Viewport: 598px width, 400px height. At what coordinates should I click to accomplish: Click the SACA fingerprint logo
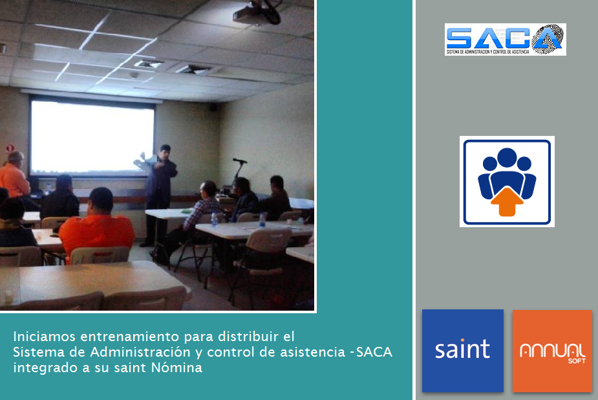coord(506,39)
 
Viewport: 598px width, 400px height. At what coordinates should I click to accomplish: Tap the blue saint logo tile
coord(463,350)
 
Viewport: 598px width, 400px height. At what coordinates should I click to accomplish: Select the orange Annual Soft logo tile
coord(552,351)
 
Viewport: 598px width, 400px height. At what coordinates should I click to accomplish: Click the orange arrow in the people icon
coord(507,201)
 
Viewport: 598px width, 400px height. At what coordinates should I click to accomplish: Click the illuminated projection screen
coord(92,137)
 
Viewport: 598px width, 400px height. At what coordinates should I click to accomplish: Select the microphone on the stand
coord(240,161)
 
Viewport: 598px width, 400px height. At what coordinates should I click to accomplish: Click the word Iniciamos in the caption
coord(45,337)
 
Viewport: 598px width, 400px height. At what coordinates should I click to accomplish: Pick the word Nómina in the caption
coord(176,367)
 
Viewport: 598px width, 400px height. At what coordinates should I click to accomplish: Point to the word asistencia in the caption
coord(312,352)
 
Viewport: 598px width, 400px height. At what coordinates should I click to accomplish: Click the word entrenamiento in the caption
coord(130,337)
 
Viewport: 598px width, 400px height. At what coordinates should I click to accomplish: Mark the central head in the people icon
coord(507,158)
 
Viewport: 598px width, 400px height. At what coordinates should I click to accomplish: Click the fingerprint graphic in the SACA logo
coord(548,39)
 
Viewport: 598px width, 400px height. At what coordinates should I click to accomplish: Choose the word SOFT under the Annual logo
coord(576,361)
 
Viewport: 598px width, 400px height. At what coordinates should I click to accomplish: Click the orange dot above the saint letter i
coord(462,340)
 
